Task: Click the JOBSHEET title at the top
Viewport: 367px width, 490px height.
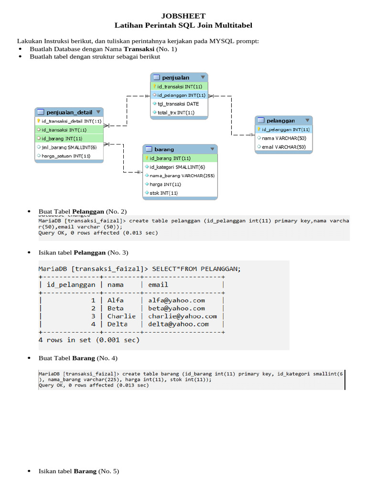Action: (x=183, y=16)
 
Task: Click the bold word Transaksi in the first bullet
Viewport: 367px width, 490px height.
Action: (x=139, y=49)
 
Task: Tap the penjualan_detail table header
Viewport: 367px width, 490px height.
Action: (x=69, y=112)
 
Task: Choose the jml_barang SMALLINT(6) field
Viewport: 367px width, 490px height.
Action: (x=69, y=147)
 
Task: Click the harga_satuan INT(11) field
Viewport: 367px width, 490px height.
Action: (x=66, y=156)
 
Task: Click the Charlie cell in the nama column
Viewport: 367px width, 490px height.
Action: (x=121, y=316)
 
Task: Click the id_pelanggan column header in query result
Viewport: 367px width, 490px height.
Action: (x=71, y=285)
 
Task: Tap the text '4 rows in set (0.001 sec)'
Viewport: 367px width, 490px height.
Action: (x=89, y=340)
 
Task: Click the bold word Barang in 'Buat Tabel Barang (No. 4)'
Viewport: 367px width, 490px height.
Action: (x=84, y=358)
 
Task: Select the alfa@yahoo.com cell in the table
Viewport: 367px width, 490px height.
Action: (x=176, y=301)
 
